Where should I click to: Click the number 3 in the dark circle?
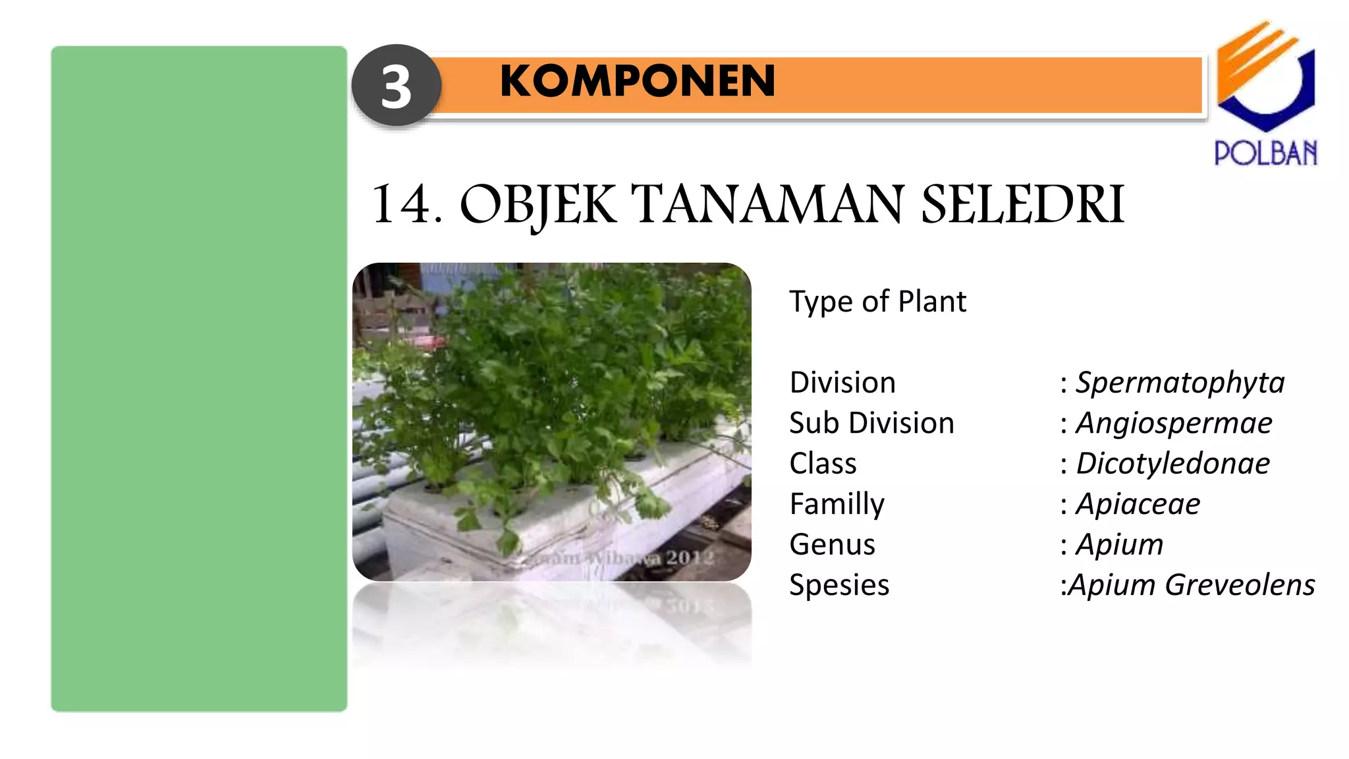[x=396, y=87]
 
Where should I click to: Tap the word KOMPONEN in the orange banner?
[x=637, y=81]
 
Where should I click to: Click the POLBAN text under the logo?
[x=1265, y=153]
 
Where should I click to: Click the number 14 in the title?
[x=401, y=204]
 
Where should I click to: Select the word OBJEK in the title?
[x=537, y=205]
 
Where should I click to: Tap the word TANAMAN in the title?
[x=767, y=204]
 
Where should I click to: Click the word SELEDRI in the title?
[x=1022, y=204]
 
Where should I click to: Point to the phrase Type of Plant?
[x=877, y=302]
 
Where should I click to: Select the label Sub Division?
[x=871, y=423]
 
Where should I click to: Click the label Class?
[x=823, y=464]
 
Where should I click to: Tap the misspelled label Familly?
[x=837, y=504]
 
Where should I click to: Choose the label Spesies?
[x=839, y=585]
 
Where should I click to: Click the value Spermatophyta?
[x=1180, y=383]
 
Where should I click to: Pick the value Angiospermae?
[x=1174, y=423]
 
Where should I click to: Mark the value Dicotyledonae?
[x=1172, y=464]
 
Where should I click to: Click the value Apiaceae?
[x=1138, y=504]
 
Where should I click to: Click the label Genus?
[x=832, y=545]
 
